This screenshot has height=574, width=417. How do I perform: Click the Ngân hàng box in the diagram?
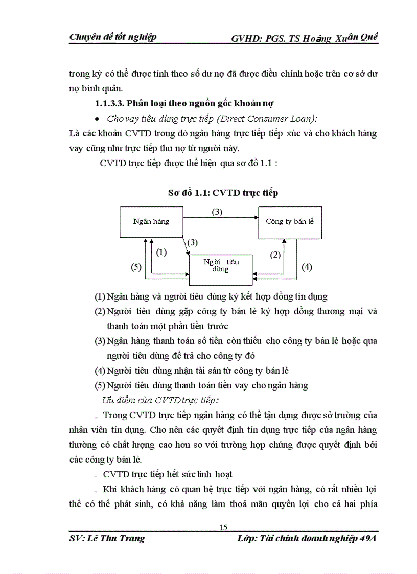tap(151, 222)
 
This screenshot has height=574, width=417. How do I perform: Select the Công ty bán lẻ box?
tap(289, 222)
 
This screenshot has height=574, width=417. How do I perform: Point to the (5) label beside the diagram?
tap(136, 267)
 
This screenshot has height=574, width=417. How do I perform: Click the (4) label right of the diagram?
tap(307, 267)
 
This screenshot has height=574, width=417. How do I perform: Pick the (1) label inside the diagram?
tap(161, 252)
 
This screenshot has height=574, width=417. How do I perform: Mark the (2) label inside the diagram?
tap(275, 255)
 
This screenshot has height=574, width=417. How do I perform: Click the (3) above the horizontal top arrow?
tap(217, 212)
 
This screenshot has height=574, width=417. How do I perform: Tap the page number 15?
tap(223, 527)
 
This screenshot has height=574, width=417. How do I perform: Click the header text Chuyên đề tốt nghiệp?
tap(112, 37)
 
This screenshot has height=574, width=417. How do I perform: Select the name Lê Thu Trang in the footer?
tap(115, 538)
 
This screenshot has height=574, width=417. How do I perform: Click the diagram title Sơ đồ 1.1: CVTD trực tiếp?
tap(223, 193)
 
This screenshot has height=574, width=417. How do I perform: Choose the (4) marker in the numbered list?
tap(100, 371)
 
